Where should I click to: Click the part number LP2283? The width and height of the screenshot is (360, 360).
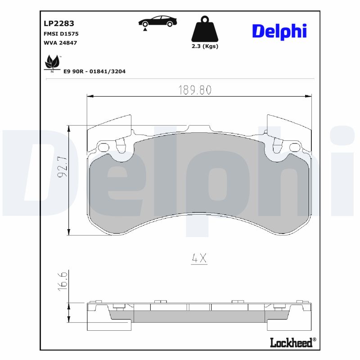click(59, 23)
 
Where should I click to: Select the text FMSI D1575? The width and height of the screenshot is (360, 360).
click(61, 34)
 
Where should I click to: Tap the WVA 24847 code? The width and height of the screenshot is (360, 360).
click(60, 43)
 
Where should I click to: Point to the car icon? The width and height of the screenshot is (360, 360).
click(157, 22)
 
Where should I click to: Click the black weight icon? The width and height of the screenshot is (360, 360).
click(205, 29)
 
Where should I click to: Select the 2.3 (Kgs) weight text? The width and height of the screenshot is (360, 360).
click(205, 46)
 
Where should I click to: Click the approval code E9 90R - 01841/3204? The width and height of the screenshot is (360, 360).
click(94, 71)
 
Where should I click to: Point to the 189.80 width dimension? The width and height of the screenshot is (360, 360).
click(194, 90)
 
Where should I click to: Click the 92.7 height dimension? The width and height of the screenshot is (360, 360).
click(62, 167)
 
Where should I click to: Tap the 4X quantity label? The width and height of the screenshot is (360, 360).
click(198, 258)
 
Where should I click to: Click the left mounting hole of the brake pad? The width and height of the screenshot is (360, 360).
click(104, 147)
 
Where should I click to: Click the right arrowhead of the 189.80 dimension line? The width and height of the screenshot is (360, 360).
click(308, 96)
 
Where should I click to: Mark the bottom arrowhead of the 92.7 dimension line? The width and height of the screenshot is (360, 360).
click(69, 231)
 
